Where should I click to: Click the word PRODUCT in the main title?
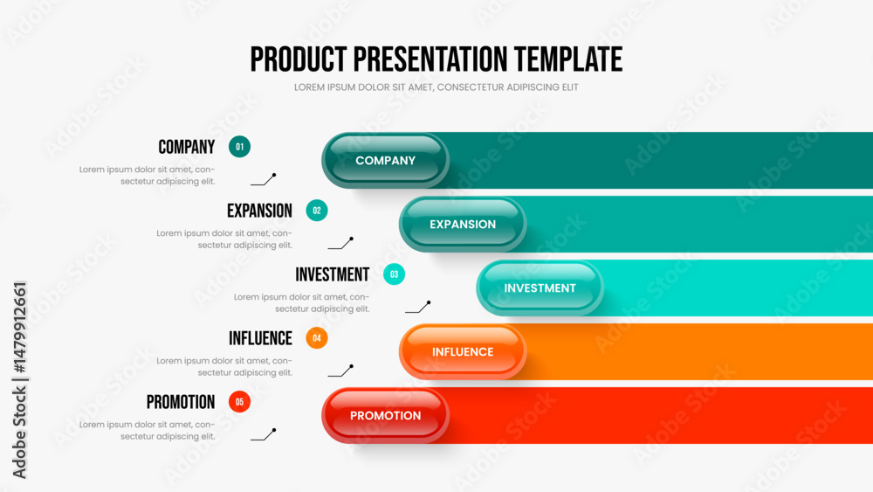299,59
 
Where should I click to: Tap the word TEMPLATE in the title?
568,59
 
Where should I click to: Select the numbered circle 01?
239,147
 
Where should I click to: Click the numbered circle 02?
317,211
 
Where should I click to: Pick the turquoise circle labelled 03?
395,274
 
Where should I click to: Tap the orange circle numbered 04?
317,337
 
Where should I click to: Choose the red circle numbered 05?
239,402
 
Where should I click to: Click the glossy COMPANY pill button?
385,161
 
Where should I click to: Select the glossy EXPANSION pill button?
463,224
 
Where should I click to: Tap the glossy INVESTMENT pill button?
540,288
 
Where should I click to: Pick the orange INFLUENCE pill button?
463,351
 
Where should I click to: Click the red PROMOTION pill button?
385,416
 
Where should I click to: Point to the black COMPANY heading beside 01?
187,147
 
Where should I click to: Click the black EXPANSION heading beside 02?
259,211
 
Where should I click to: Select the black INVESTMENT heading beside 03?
333,274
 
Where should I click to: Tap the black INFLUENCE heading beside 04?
260,338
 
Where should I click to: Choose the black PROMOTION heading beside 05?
181,402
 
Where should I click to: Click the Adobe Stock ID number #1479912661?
19,328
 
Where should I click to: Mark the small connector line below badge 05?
264,435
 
